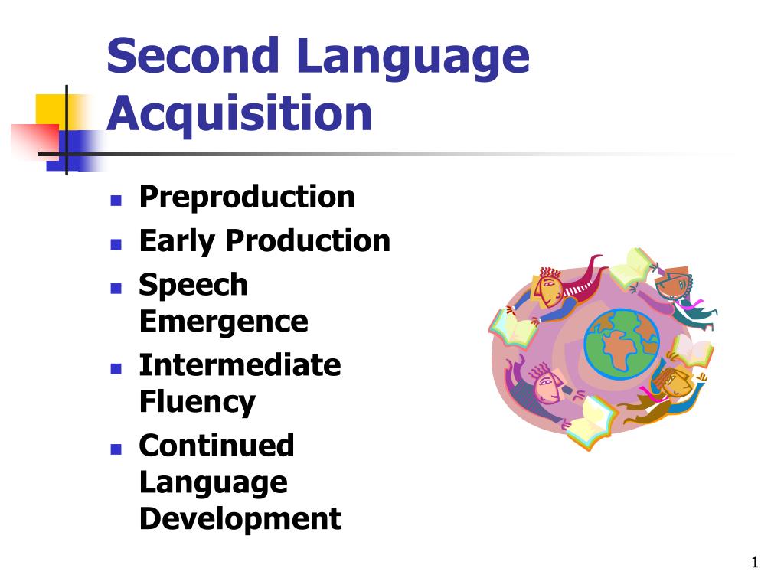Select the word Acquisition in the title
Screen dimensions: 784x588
(240, 115)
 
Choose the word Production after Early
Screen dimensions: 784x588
(308, 240)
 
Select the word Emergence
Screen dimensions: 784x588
(224, 322)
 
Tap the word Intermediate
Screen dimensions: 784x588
(240, 364)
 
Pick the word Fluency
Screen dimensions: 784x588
(198, 403)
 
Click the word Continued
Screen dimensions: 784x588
(217, 445)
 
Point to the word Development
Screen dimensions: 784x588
(240, 520)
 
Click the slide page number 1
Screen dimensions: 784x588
(754, 562)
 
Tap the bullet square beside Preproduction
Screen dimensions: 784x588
(116, 201)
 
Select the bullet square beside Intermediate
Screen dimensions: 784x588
(116, 368)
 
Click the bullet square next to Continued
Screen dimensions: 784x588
(116, 449)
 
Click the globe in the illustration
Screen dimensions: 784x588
(622, 345)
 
